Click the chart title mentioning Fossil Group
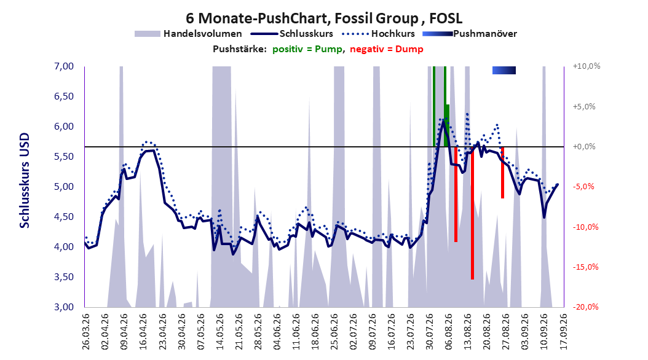coord(324,18)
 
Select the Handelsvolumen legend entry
coord(188,34)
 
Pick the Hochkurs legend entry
coord(378,34)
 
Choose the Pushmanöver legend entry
coord(470,34)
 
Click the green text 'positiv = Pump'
coord(307,49)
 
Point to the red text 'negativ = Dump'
coord(387,49)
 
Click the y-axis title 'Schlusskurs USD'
coord(25,181)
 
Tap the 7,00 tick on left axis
coord(64,66)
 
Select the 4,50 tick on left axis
coord(64,217)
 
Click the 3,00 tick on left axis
coord(64,307)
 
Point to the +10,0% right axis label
coord(587,66)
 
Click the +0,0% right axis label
coord(584,147)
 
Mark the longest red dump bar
coord(472,213)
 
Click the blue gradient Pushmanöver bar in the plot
coord(504,71)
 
